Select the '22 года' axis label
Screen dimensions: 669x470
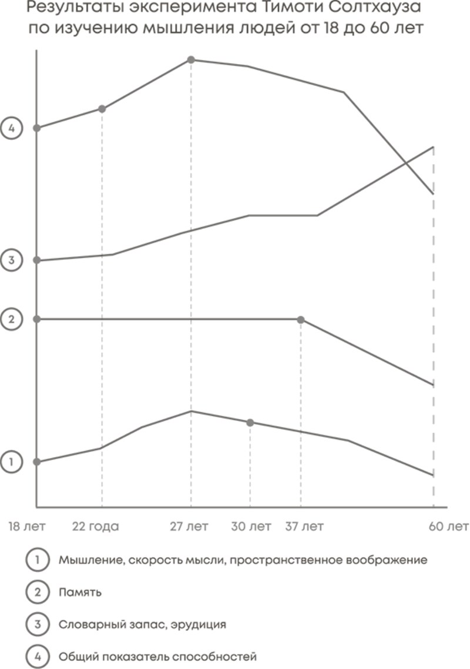95,526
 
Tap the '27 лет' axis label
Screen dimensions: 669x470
189,526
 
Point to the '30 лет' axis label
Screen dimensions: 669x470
251,526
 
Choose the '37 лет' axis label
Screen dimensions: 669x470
304,526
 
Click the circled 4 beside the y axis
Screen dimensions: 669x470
11,128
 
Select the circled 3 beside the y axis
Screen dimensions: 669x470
11,259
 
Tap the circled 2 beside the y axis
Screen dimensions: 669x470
11,319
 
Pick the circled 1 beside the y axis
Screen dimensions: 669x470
11,462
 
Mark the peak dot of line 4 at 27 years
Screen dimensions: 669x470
191,59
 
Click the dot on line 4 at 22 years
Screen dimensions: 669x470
102,109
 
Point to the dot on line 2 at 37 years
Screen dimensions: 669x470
301,320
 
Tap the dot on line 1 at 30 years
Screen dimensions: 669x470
250,423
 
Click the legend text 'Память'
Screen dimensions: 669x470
80,592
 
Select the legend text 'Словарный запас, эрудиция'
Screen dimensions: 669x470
142,624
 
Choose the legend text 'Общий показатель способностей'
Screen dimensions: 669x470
157,655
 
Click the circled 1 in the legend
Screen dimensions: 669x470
37,560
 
